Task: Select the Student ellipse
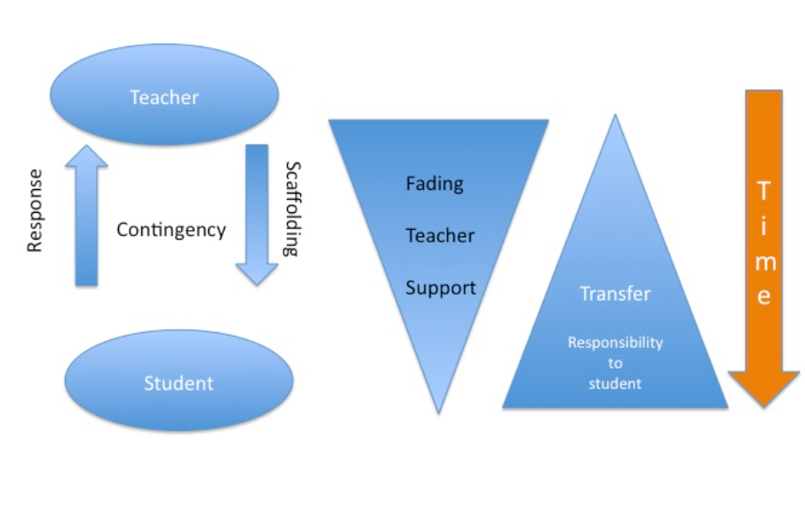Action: [x=179, y=383]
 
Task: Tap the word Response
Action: [x=35, y=210]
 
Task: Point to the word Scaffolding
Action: [x=291, y=209]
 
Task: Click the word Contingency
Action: [x=171, y=230]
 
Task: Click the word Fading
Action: [x=434, y=184]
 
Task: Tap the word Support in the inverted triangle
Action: [x=440, y=288]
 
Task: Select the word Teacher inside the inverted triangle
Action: [x=440, y=235]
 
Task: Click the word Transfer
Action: [x=615, y=293]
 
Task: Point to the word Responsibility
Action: [x=615, y=342]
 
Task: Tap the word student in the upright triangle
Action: [x=615, y=383]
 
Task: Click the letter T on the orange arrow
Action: [x=763, y=190]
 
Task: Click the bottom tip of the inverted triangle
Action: [x=439, y=410]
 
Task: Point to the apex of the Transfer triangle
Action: [x=614, y=117]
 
